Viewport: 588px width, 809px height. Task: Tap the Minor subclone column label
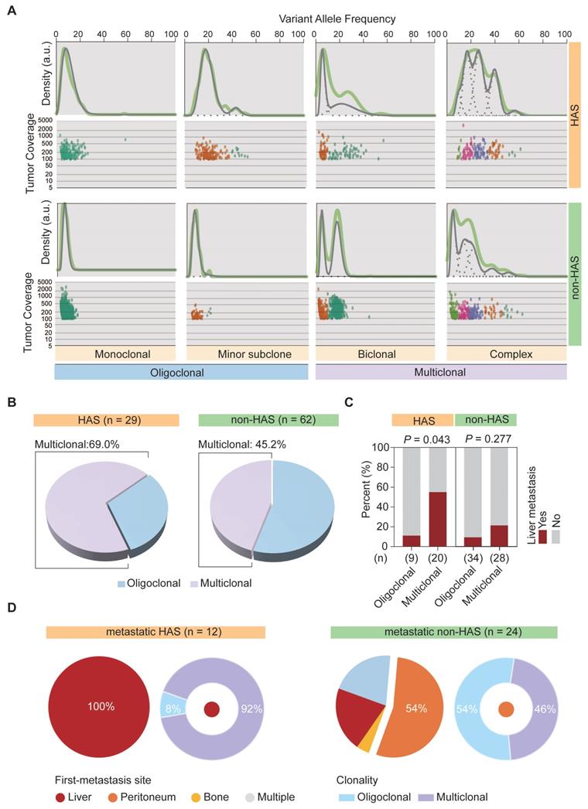[x=244, y=355]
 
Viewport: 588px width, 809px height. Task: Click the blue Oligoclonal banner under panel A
[x=182, y=372]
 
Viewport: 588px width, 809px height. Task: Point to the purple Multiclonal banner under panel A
[x=441, y=372]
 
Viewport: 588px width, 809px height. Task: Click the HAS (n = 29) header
[x=106, y=419]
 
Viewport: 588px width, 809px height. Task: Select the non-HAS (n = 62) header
[x=271, y=419]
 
